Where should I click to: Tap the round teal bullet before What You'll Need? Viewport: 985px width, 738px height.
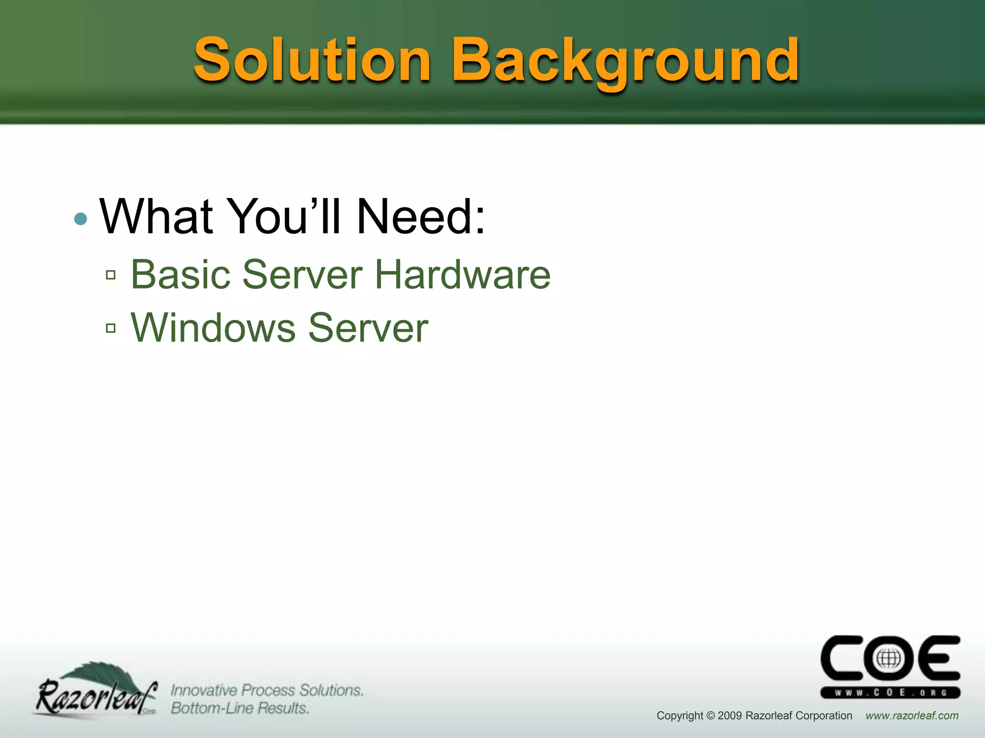tap(81, 219)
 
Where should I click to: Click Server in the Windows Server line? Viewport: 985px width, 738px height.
tap(368, 328)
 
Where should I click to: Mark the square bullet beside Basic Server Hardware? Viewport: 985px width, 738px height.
tap(111, 275)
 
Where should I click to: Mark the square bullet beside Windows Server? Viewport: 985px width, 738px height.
tap(111, 328)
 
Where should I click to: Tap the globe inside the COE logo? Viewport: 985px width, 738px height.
tap(888, 659)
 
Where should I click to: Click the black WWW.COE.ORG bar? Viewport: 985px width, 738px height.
tap(890, 692)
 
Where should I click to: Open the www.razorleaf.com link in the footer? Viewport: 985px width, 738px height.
tap(912, 716)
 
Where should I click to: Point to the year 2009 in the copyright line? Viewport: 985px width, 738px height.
tap(730, 716)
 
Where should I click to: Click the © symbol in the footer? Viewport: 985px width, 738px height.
tap(710, 716)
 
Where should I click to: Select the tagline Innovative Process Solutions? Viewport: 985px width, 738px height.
tap(267, 690)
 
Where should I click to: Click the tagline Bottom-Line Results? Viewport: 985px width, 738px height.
tap(240, 708)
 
